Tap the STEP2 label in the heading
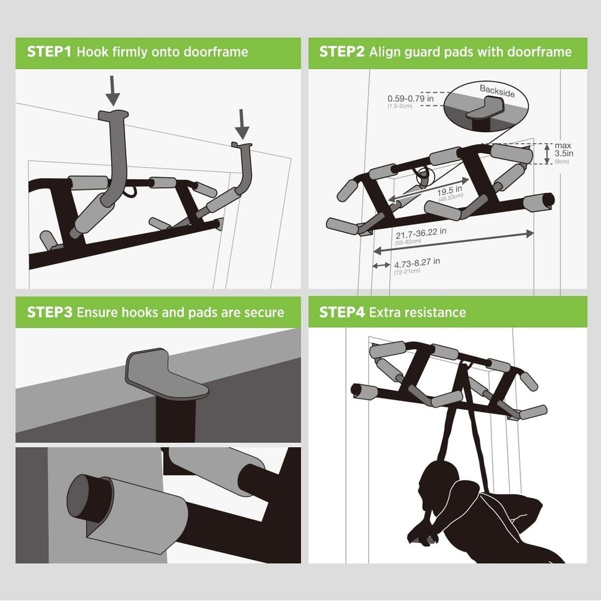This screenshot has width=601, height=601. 341,51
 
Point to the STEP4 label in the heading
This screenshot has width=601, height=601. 341,313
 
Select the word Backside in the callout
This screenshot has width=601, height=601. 496,90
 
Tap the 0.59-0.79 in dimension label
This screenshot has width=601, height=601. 411,98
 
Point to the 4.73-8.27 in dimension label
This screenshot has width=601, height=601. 417,262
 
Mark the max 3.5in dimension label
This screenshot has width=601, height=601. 563,153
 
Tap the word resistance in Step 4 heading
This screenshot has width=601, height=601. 436,313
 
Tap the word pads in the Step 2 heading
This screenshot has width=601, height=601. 458,51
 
